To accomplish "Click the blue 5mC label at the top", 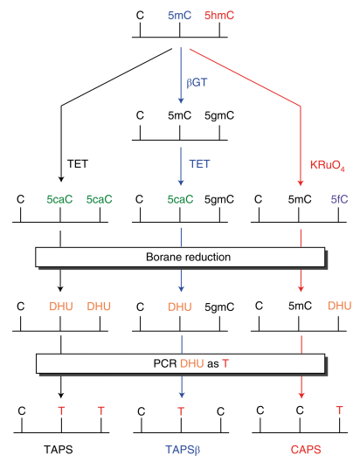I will (x=180, y=16).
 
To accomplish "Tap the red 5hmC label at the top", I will (x=219, y=16).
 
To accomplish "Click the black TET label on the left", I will (x=80, y=163).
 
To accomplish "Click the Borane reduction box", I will (x=180, y=258).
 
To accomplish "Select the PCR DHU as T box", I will (x=180, y=362).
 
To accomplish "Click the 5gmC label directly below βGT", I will (x=219, y=114).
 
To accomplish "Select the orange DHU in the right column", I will (x=340, y=307).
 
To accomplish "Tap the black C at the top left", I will (x=140, y=16).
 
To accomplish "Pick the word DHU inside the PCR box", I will (x=192, y=362).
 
